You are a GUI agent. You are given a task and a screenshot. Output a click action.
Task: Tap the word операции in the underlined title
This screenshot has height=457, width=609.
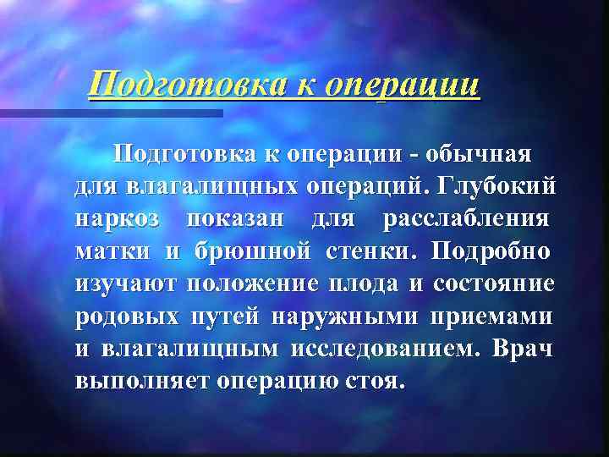pyautogui.click(x=403, y=85)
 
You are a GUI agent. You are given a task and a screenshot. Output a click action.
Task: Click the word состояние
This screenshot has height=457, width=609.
pyautogui.click(x=493, y=284)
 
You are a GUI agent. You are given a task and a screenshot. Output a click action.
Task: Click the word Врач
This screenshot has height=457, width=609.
pyautogui.click(x=524, y=348)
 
